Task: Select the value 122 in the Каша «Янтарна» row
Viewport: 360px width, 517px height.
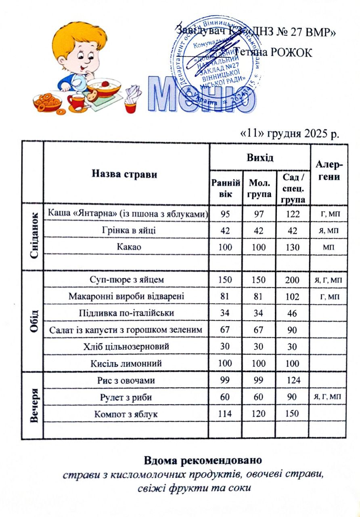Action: point(293,214)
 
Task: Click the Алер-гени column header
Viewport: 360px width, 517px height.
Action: point(328,171)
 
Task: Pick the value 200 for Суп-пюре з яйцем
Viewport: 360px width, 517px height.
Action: point(293,280)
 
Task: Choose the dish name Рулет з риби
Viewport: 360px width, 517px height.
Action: point(126,397)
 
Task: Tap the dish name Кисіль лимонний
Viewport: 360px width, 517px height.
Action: point(126,364)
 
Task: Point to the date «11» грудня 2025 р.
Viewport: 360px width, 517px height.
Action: point(289,133)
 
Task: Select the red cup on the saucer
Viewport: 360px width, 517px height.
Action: point(77,100)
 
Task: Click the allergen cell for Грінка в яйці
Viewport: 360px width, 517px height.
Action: point(328,231)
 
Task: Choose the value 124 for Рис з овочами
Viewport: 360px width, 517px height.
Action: point(293,380)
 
